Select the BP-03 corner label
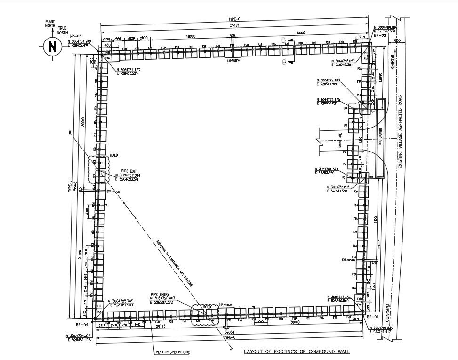pyautogui.click(x=76, y=36)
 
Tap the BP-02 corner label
pyautogui.click(x=380, y=35)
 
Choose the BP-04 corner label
pyautogui.click(x=83, y=325)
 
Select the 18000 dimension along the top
pyautogui.click(x=190, y=36)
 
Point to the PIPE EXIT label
pyautogui.click(x=129, y=171)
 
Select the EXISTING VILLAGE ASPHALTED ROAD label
pyautogui.click(x=401, y=132)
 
